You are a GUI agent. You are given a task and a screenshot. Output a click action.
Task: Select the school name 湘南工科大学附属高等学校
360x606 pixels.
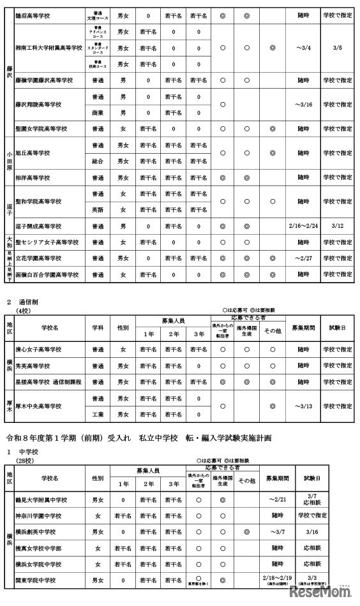[49, 47]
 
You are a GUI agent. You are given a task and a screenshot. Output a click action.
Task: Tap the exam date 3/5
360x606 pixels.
[338, 47]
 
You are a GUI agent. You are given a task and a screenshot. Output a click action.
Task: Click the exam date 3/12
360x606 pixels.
[338, 226]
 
